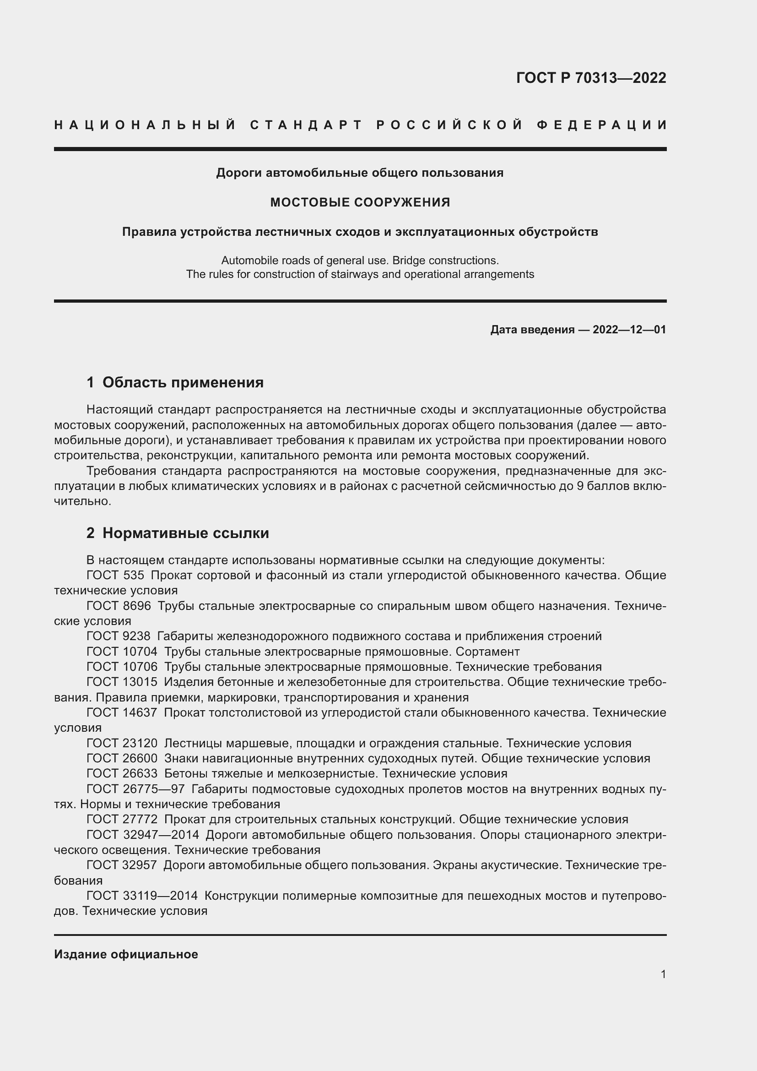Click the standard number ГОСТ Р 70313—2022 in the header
590,78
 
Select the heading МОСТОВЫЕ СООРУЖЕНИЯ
360,202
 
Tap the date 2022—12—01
629,330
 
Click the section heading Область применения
183,382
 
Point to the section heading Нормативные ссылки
185,533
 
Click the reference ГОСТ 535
115,575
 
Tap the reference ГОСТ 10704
122,652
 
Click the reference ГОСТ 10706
122,667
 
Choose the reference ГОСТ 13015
122,682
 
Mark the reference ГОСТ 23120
122,743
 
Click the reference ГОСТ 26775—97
135,789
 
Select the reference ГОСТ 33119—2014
142,896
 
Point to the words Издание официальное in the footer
126,954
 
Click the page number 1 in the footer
663,974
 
